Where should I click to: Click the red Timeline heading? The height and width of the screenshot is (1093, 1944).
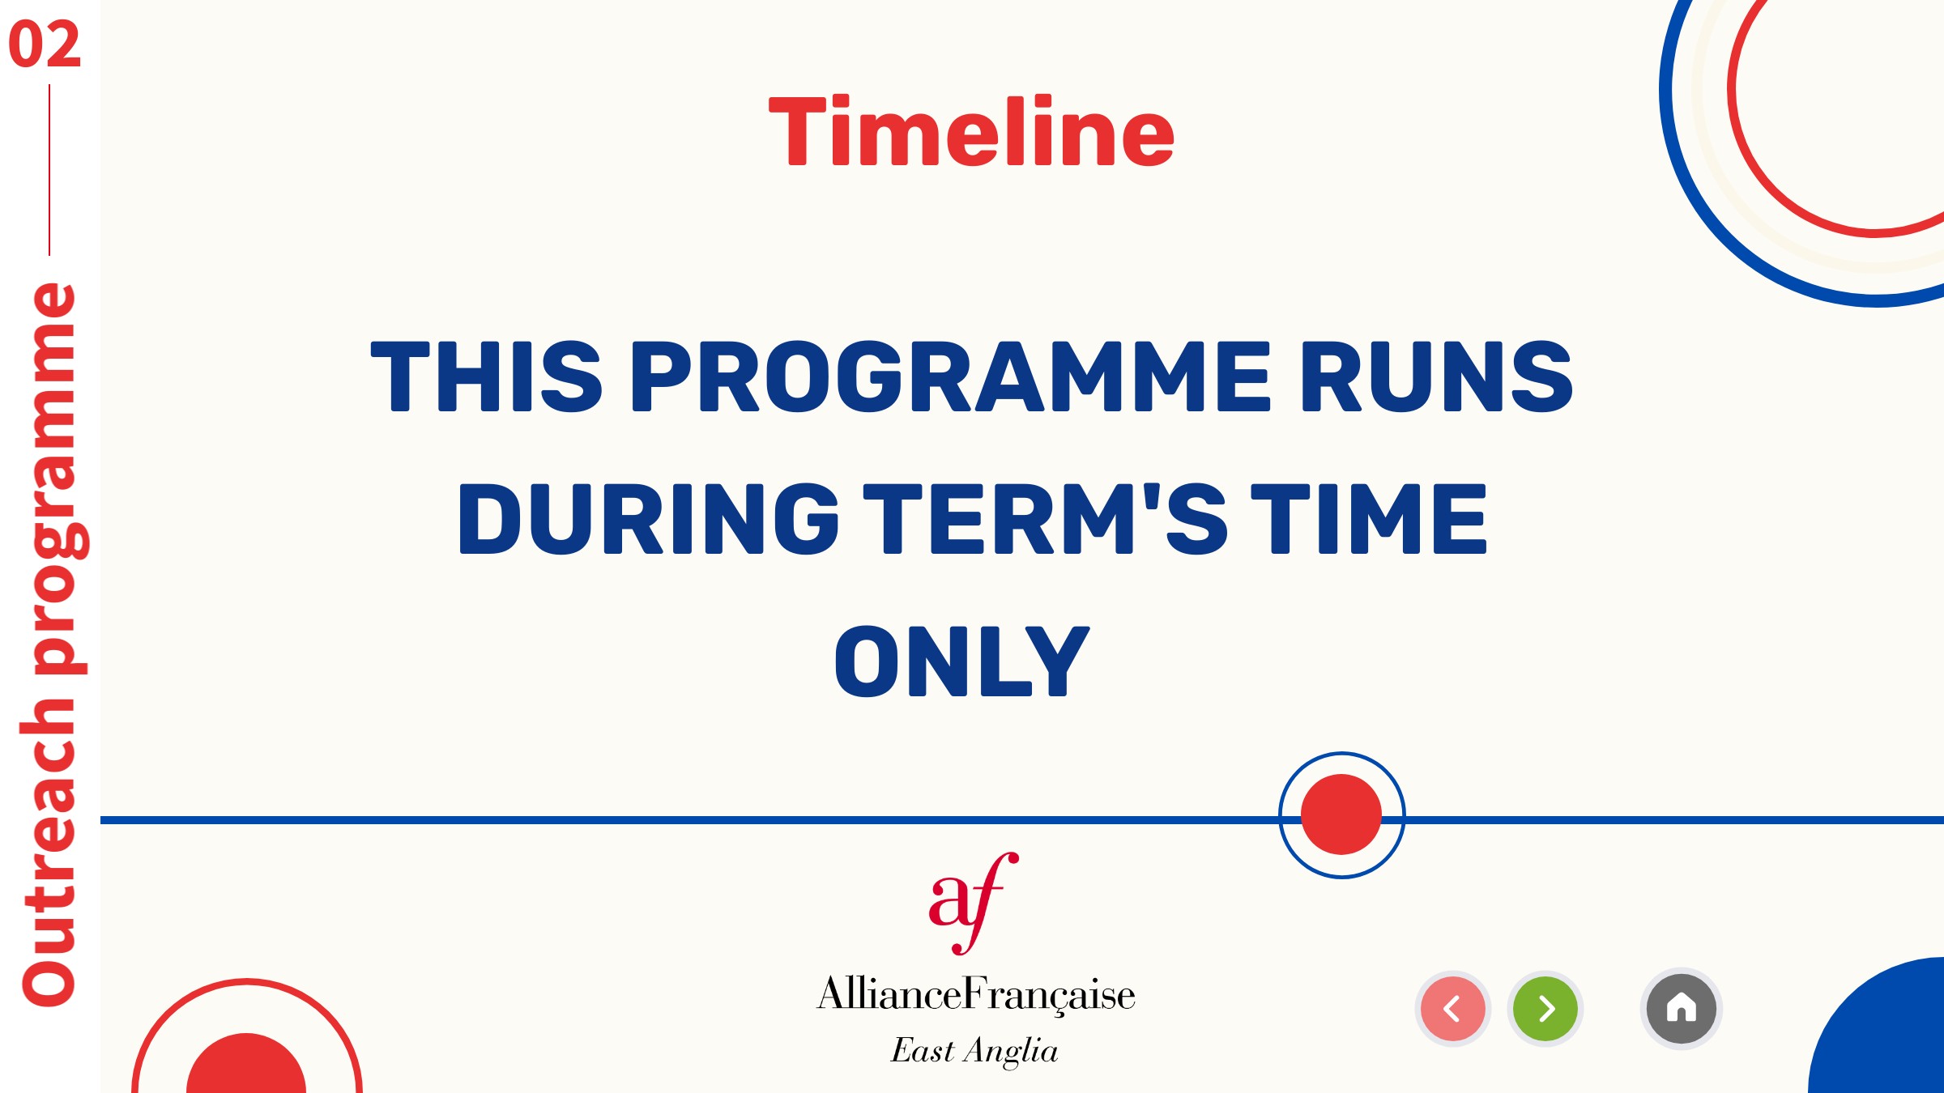971,131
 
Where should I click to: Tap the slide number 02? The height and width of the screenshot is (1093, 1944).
45,45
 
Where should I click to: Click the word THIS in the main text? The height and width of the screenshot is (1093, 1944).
486,376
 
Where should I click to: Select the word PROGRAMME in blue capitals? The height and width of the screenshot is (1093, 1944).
950,376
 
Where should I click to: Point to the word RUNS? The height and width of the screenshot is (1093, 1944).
1437,376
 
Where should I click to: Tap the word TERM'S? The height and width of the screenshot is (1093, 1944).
1046,518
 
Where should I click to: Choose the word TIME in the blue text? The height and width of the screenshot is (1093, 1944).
1370,518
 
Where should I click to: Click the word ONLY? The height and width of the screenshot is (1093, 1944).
962,661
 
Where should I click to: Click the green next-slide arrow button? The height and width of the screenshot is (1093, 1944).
1545,1009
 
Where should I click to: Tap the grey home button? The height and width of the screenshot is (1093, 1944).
1682,1009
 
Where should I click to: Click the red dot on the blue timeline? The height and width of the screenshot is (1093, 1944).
1341,814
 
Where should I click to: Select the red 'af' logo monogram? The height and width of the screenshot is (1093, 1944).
973,904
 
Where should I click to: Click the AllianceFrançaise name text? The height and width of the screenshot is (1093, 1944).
976,994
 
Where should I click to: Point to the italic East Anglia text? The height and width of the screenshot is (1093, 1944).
974,1051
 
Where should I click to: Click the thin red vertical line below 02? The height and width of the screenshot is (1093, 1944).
49,170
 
